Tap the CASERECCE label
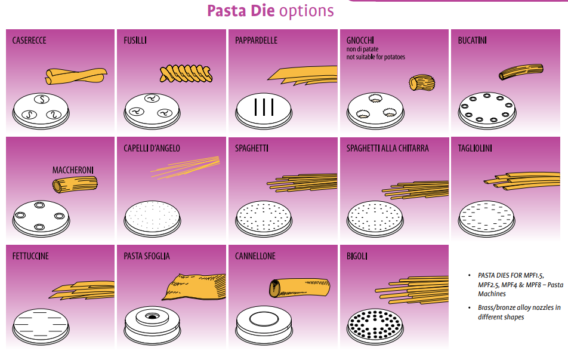29,41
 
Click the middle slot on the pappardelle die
263,107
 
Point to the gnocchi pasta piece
421,82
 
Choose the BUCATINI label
472,41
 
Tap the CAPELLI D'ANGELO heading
152,148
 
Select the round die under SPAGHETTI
263,219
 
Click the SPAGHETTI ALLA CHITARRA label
387,148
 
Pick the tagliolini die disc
486,219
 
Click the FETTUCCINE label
30,256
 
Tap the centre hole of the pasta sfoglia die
152,314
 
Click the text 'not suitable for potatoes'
376,57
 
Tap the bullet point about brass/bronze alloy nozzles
518,312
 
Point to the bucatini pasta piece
521,71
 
